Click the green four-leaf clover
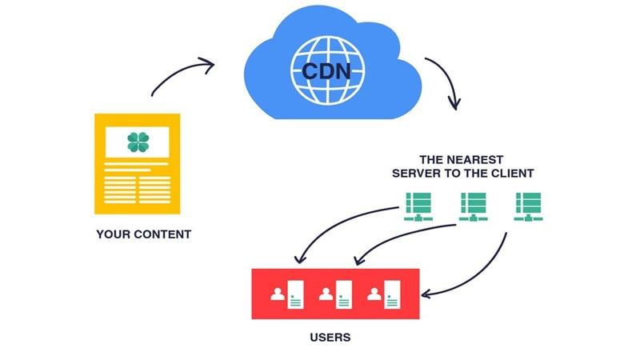tap(138, 142)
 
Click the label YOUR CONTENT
tap(143, 234)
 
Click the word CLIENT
tap(511, 173)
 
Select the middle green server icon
tap(472, 206)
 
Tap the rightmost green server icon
tap(527, 206)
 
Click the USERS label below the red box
tap(330, 337)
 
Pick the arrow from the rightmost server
tap(480, 272)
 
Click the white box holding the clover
tap(138, 142)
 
